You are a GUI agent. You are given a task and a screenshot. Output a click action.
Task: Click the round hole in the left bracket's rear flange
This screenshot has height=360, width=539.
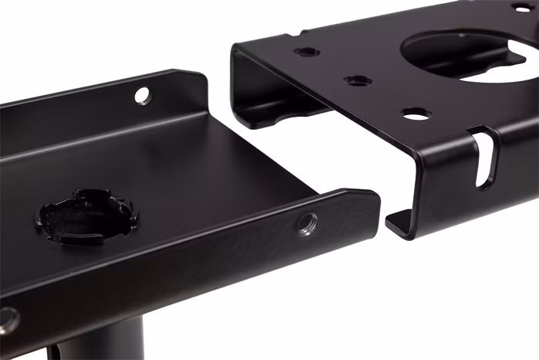point(141,95)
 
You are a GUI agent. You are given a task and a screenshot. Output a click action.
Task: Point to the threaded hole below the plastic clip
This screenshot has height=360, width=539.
point(8,317)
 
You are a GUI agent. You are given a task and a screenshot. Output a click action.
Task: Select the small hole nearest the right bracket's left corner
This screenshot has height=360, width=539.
point(307,52)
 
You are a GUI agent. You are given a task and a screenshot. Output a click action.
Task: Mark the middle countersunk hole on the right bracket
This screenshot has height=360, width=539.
point(357,80)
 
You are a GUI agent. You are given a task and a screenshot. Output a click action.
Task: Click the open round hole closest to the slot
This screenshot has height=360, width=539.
point(415,114)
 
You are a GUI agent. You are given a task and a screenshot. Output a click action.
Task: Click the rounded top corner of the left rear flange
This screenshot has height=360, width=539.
point(198,77)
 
